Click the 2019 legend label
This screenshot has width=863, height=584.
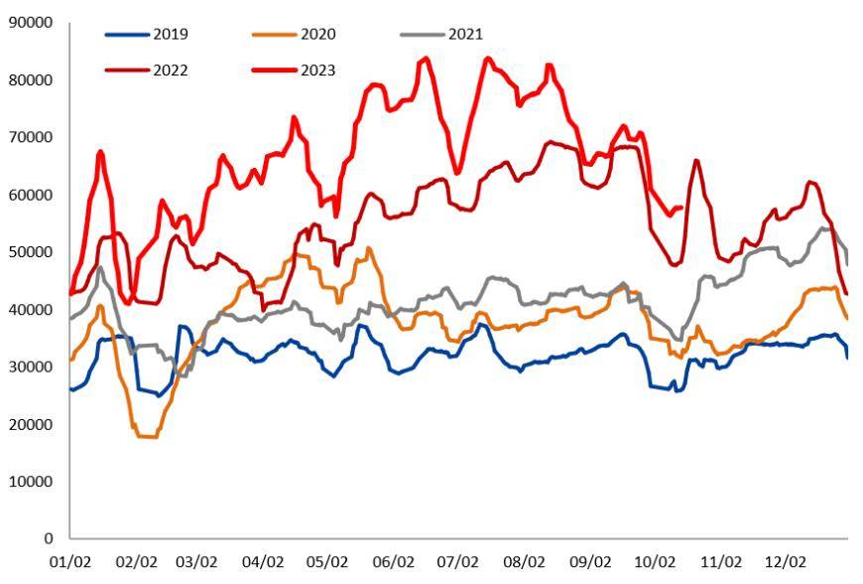click(170, 34)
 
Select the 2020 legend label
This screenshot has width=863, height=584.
click(317, 34)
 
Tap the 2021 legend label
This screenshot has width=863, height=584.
click(465, 34)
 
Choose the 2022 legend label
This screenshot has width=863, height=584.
click(170, 70)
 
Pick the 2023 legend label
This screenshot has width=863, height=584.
click(317, 70)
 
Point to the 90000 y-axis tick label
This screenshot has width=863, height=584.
click(30, 22)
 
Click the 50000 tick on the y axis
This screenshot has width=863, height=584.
click(30, 252)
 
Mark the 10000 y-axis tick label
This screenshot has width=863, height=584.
click(30, 482)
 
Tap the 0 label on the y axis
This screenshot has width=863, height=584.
click(49, 539)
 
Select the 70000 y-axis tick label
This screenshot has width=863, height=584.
click(30, 137)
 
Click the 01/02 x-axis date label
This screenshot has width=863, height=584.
click(69, 562)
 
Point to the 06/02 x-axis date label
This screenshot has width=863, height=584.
click(396, 562)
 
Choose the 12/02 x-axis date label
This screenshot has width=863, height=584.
click(786, 562)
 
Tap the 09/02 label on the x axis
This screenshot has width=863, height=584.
click(591, 562)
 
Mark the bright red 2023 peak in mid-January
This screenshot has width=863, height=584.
click(101, 152)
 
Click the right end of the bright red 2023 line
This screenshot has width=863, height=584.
click(681, 208)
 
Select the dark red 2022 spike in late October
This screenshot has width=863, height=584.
click(696, 161)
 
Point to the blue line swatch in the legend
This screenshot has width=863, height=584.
click(127, 34)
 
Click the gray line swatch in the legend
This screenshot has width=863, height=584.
click(423, 34)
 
